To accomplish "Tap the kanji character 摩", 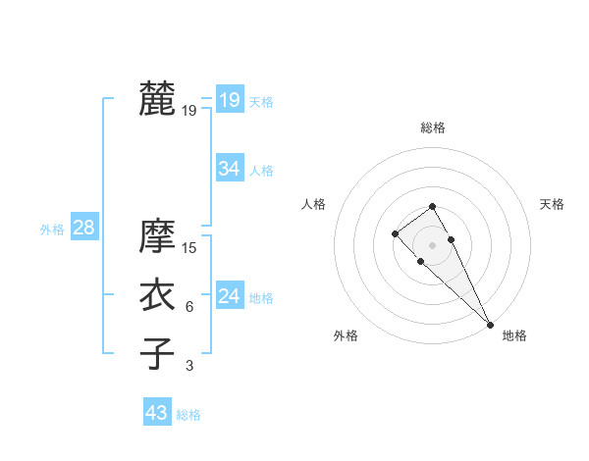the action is (x=156, y=235).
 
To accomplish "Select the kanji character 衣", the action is (x=156, y=295).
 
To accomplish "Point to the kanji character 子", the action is (x=156, y=353).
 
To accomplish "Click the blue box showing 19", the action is (x=229, y=100).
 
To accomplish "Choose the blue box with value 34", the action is (x=229, y=169).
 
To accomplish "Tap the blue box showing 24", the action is (x=229, y=296).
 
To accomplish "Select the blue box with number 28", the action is (x=83, y=228).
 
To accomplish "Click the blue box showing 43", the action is (x=157, y=413).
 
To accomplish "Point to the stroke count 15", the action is (x=189, y=248).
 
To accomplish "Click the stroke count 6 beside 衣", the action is (x=189, y=307).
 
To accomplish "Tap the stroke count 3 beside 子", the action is (x=189, y=366).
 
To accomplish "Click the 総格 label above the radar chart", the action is (x=433, y=128).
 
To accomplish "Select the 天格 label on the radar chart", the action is (x=552, y=204).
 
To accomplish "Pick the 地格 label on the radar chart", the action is (x=514, y=335).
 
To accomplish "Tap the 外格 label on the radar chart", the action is (x=346, y=335).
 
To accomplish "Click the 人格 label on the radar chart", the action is (x=313, y=204).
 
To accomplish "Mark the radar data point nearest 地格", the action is (x=490, y=324).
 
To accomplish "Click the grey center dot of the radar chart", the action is (x=433, y=244).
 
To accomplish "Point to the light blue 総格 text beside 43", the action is (x=188, y=415).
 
